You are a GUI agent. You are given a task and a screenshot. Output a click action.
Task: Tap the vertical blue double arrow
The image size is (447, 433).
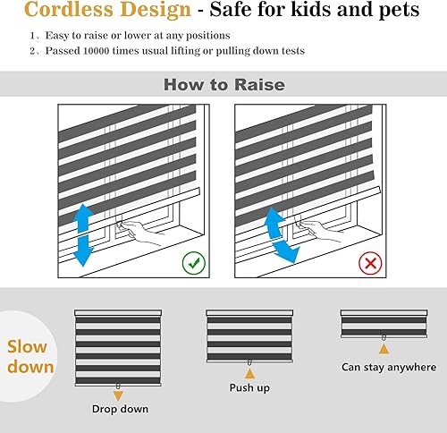tap(82, 234)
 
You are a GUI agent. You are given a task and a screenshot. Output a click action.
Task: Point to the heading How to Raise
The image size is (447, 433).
tap(223, 85)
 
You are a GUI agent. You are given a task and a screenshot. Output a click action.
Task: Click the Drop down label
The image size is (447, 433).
tap(120, 410)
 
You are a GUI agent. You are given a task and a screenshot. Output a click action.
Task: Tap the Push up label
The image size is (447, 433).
tap(249, 388)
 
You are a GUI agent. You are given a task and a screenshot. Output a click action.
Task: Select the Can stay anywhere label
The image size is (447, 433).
tap(389, 367)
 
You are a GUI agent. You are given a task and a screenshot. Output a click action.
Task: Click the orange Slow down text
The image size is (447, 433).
tap(30, 356)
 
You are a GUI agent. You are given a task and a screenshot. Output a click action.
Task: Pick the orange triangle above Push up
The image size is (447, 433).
tap(249, 371)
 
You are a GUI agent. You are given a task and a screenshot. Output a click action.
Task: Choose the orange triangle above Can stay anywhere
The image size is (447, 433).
tap(384, 348)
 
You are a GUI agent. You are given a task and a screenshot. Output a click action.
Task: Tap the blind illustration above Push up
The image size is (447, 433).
tap(249, 335)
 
